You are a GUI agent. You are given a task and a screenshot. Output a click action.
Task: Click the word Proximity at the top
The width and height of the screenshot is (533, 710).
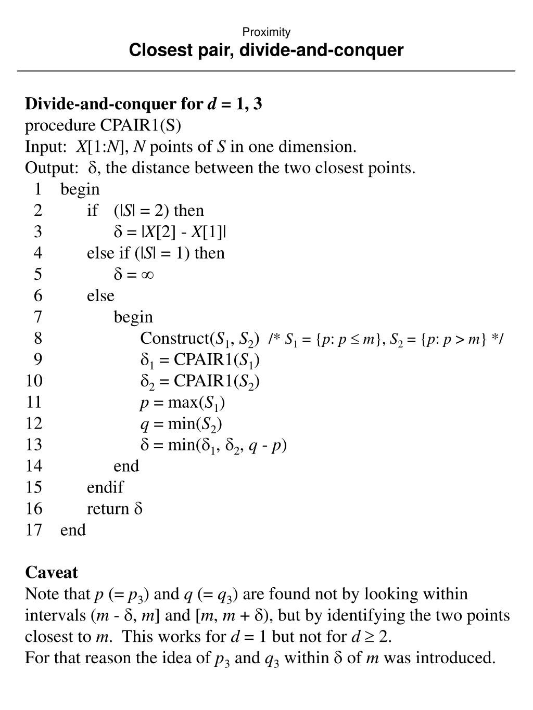(266, 32)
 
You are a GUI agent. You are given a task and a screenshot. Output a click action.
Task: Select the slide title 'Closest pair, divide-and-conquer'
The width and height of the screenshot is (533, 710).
(266, 50)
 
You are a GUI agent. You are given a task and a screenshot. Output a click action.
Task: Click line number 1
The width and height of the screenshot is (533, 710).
(37, 189)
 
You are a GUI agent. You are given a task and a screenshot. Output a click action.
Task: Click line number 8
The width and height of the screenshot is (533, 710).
(37, 339)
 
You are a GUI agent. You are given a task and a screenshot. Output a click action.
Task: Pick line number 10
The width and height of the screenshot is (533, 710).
(34, 381)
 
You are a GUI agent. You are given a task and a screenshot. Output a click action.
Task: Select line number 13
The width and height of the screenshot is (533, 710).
(34, 445)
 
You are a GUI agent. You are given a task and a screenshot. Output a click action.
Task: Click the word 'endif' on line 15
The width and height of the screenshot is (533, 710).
(105, 487)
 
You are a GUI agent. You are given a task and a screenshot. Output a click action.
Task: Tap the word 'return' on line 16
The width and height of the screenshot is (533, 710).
(108, 509)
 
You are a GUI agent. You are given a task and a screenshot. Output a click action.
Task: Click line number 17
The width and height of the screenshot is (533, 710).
(34, 530)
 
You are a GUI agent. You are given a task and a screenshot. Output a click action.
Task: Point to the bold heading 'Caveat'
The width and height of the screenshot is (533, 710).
(52, 573)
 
